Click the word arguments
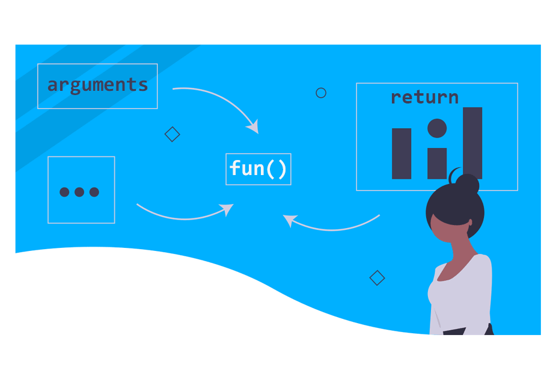[97, 85]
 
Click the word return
[424, 97]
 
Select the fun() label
[258, 168]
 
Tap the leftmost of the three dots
[65, 193]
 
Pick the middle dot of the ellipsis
[79, 193]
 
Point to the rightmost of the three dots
[94, 193]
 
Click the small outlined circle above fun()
[321, 93]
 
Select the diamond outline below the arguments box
[173, 134]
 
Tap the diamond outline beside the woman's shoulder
[377, 278]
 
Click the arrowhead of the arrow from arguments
[254, 127]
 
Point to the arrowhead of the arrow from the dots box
[227, 209]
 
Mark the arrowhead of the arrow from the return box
[289, 220]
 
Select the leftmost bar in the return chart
[402, 153]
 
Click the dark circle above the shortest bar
[437, 128]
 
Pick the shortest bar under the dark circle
[437, 163]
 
